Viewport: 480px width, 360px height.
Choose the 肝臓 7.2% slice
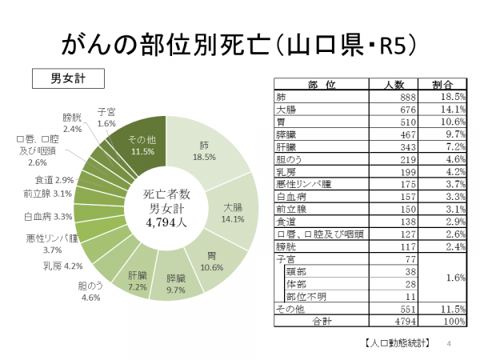[x=137, y=280]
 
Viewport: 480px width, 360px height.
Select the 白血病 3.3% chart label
[x=48, y=216]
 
